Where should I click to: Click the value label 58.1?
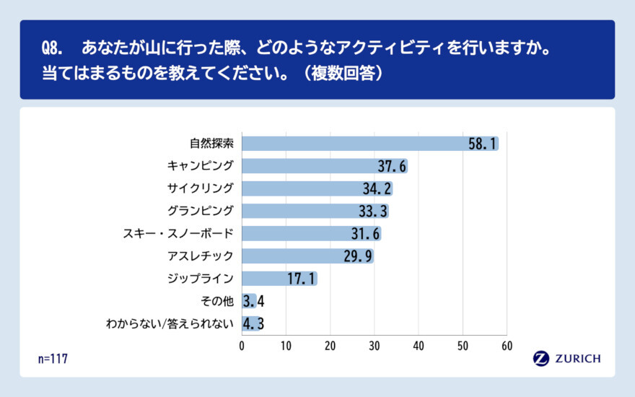pyautogui.click(x=482, y=144)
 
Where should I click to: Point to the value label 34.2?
pyautogui.click(x=376, y=188)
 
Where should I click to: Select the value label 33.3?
pyautogui.click(x=372, y=211)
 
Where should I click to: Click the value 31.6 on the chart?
pyautogui.click(x=364, y=233)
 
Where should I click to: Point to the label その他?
pyautogui.click(x=216, y=300)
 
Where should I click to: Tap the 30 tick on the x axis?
pyautogui.click(x=375, y=346)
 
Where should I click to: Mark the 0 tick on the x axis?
pyautogui.click(x=242, y=346)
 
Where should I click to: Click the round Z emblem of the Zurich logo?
pyautogui.click(x=541, y=359)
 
